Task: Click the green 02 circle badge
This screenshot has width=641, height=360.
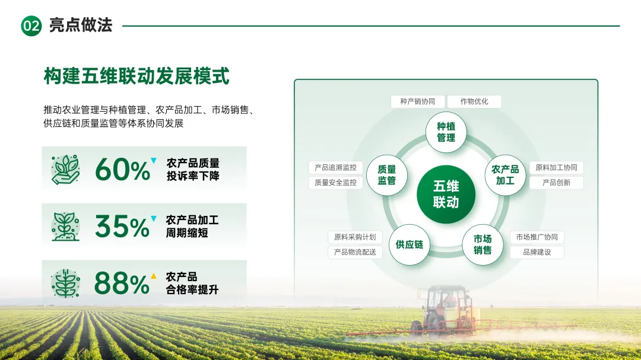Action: pyautogui.click(x=31, y=26)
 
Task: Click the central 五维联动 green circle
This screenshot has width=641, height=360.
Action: pyautogui.click(x=446, y=194)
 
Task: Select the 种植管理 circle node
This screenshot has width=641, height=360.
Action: pyautogui.click(x=446, y=132)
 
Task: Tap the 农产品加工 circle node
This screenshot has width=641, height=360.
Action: pyautogui.click(x=505, y=175)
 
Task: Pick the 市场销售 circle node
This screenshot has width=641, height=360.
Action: pyautogui.click(x=483, y=244)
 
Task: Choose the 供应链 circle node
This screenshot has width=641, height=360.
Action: pyautogui.click(x=409, y=244)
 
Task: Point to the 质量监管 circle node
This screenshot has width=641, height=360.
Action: pyautogui.click(x=387, y=175)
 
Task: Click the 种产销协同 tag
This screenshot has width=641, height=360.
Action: pyautogui.click(x=417, y=101)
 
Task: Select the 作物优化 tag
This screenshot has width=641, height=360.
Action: pyautogui.click(x=474, y=101)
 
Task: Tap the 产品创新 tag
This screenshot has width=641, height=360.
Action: pyautogui.click(x=556, y=183)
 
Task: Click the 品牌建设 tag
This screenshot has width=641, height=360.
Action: pyautogui.click(x=537, y=252)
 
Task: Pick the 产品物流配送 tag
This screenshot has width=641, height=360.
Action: pyautogui.click(x=355, y=252)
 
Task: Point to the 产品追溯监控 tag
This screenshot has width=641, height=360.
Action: pyautogui.click(x=335, y=167)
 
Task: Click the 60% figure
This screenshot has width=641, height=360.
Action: pyautogui.click(x=123, y=170)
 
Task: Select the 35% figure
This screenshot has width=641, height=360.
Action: pyautogui.click(x=123, y=227)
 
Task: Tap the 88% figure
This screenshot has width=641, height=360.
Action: pyautogui.click(x=122, y=283)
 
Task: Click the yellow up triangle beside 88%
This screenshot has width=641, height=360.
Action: pyautogui.click(x=154, y=276)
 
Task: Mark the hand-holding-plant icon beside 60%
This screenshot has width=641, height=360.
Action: pyautogui.click(x=65, y=169)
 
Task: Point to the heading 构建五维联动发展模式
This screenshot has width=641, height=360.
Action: pyautogui.click(x=137, y=76)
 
